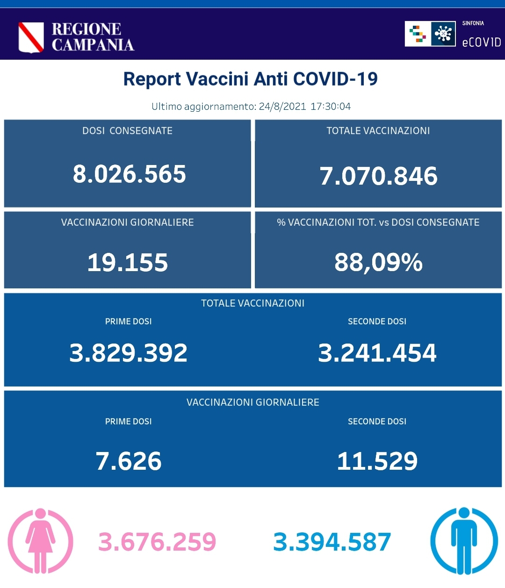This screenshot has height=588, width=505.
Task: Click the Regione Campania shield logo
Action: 31,37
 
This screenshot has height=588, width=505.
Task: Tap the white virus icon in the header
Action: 443,34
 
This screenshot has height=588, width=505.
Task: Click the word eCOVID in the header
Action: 481,43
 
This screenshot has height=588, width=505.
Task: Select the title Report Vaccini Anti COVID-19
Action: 250,79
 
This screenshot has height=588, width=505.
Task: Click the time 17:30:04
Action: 331,107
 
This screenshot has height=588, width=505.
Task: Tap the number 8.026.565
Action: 129,174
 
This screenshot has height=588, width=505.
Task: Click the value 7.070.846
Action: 378,176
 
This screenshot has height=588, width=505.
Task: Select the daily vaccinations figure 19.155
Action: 128,263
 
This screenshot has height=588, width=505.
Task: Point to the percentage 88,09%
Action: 378,263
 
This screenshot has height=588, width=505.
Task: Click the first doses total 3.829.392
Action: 128,353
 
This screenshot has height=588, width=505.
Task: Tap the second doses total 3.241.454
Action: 377,353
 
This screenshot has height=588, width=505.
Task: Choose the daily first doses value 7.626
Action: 129,461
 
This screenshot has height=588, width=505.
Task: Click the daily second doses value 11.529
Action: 377,461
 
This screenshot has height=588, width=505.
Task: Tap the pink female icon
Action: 41,541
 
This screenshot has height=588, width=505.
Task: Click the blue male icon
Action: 464,541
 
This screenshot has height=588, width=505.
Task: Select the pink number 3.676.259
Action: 157,542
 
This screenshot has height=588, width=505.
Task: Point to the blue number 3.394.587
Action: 332,542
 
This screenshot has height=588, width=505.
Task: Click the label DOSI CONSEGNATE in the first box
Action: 127,131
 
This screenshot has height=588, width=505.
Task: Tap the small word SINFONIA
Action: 473,23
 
